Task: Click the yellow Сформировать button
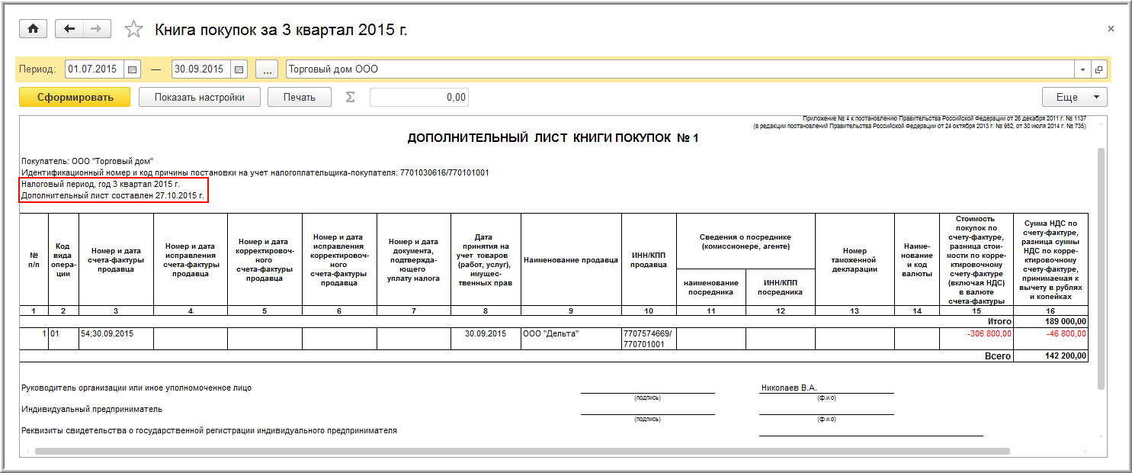pos(75,97)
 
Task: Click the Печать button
pos(299,97)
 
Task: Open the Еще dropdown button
pos(1074,97)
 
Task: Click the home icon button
pos(33,29)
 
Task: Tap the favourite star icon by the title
pos(133,30)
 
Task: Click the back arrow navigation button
pos(70,29)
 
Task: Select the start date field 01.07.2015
pos(93,69)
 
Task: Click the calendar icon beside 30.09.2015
pos(239,69)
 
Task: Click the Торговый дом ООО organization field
pos(678,69)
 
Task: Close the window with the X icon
pos(1110,28)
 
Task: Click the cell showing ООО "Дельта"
pos(551,333)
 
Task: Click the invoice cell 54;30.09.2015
pos(107,333)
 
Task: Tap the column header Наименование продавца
pos(571,260)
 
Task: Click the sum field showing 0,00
pos(418,97)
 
